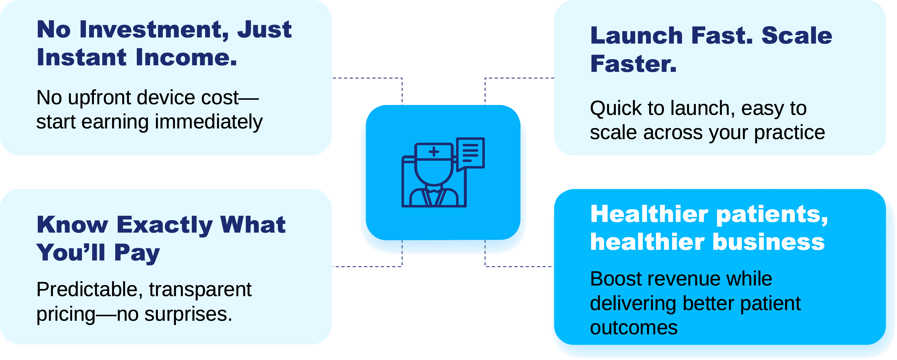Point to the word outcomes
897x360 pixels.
(634, 328)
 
